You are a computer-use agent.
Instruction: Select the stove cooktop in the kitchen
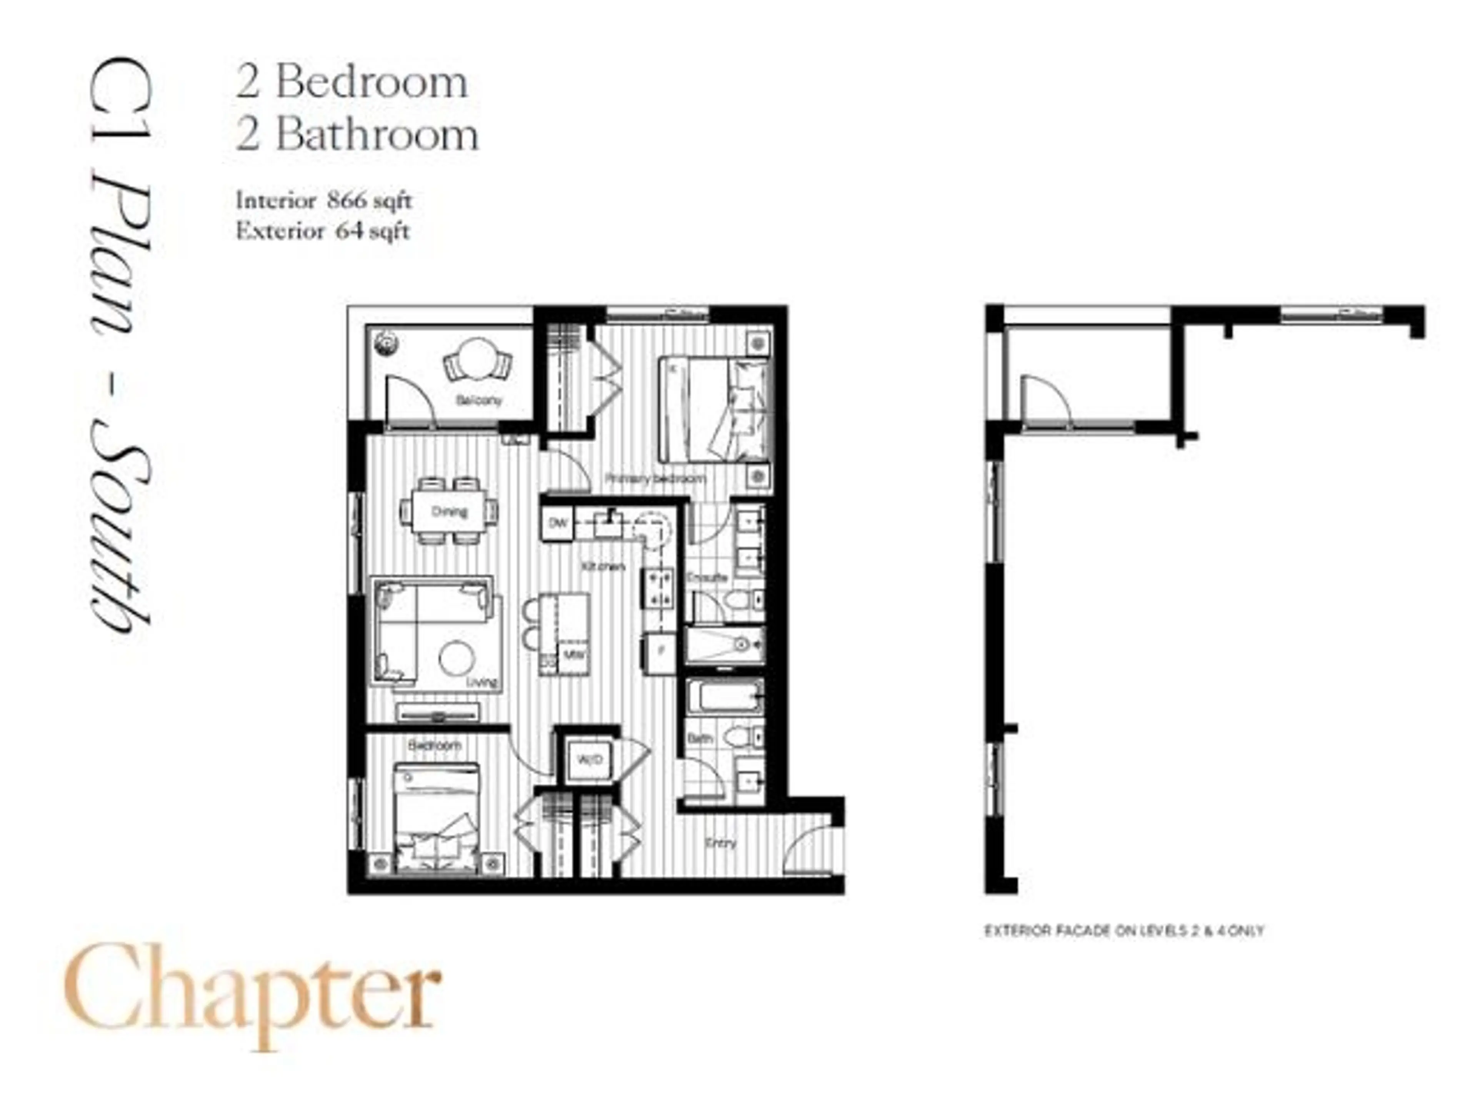pos(658,588)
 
